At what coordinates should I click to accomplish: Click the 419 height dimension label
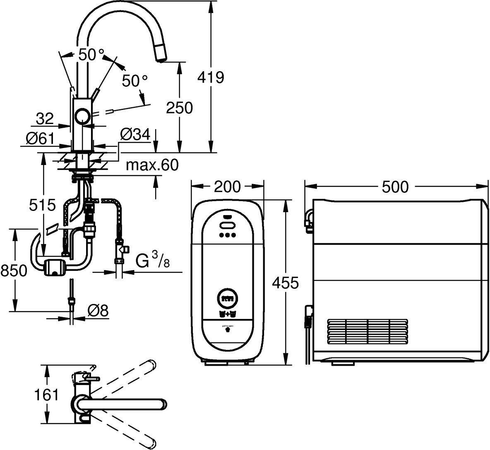pyautogui.click(x=211, y=77)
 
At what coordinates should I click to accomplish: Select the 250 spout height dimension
pyautogui.click(x=179, y=108)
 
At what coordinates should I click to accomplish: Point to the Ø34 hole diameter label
pyautogui.click(x=135, y=134)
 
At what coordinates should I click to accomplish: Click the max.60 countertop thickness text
pyautogui.click(x=152, y=165)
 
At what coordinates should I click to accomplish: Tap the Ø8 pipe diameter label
pyautogui.click(x=98, y=311)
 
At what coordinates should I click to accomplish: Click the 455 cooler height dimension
pyautogui.click(x=285, y=283)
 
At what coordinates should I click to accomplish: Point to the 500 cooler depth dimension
pyautogui.click(x=394, y=187)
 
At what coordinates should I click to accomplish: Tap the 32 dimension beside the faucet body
pyautogui.click(x=45, y=119)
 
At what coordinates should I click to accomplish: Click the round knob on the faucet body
pyautogui.click(x=83, y=116)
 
